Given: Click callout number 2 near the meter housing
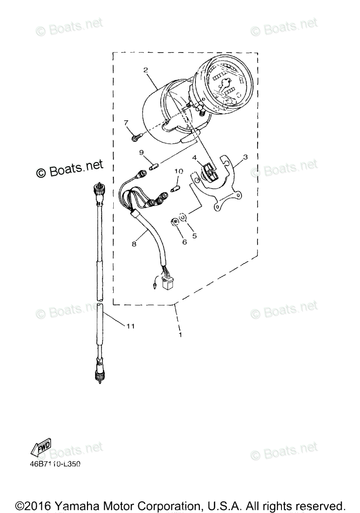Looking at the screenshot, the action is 146,70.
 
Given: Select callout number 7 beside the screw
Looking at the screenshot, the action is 126,123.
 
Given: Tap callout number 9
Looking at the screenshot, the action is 141,152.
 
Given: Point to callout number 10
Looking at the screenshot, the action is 179,171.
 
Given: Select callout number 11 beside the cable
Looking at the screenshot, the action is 130,326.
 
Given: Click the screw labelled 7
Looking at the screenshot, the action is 136,138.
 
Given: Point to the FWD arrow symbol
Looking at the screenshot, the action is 41,447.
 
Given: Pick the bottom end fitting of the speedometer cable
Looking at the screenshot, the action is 99,376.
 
